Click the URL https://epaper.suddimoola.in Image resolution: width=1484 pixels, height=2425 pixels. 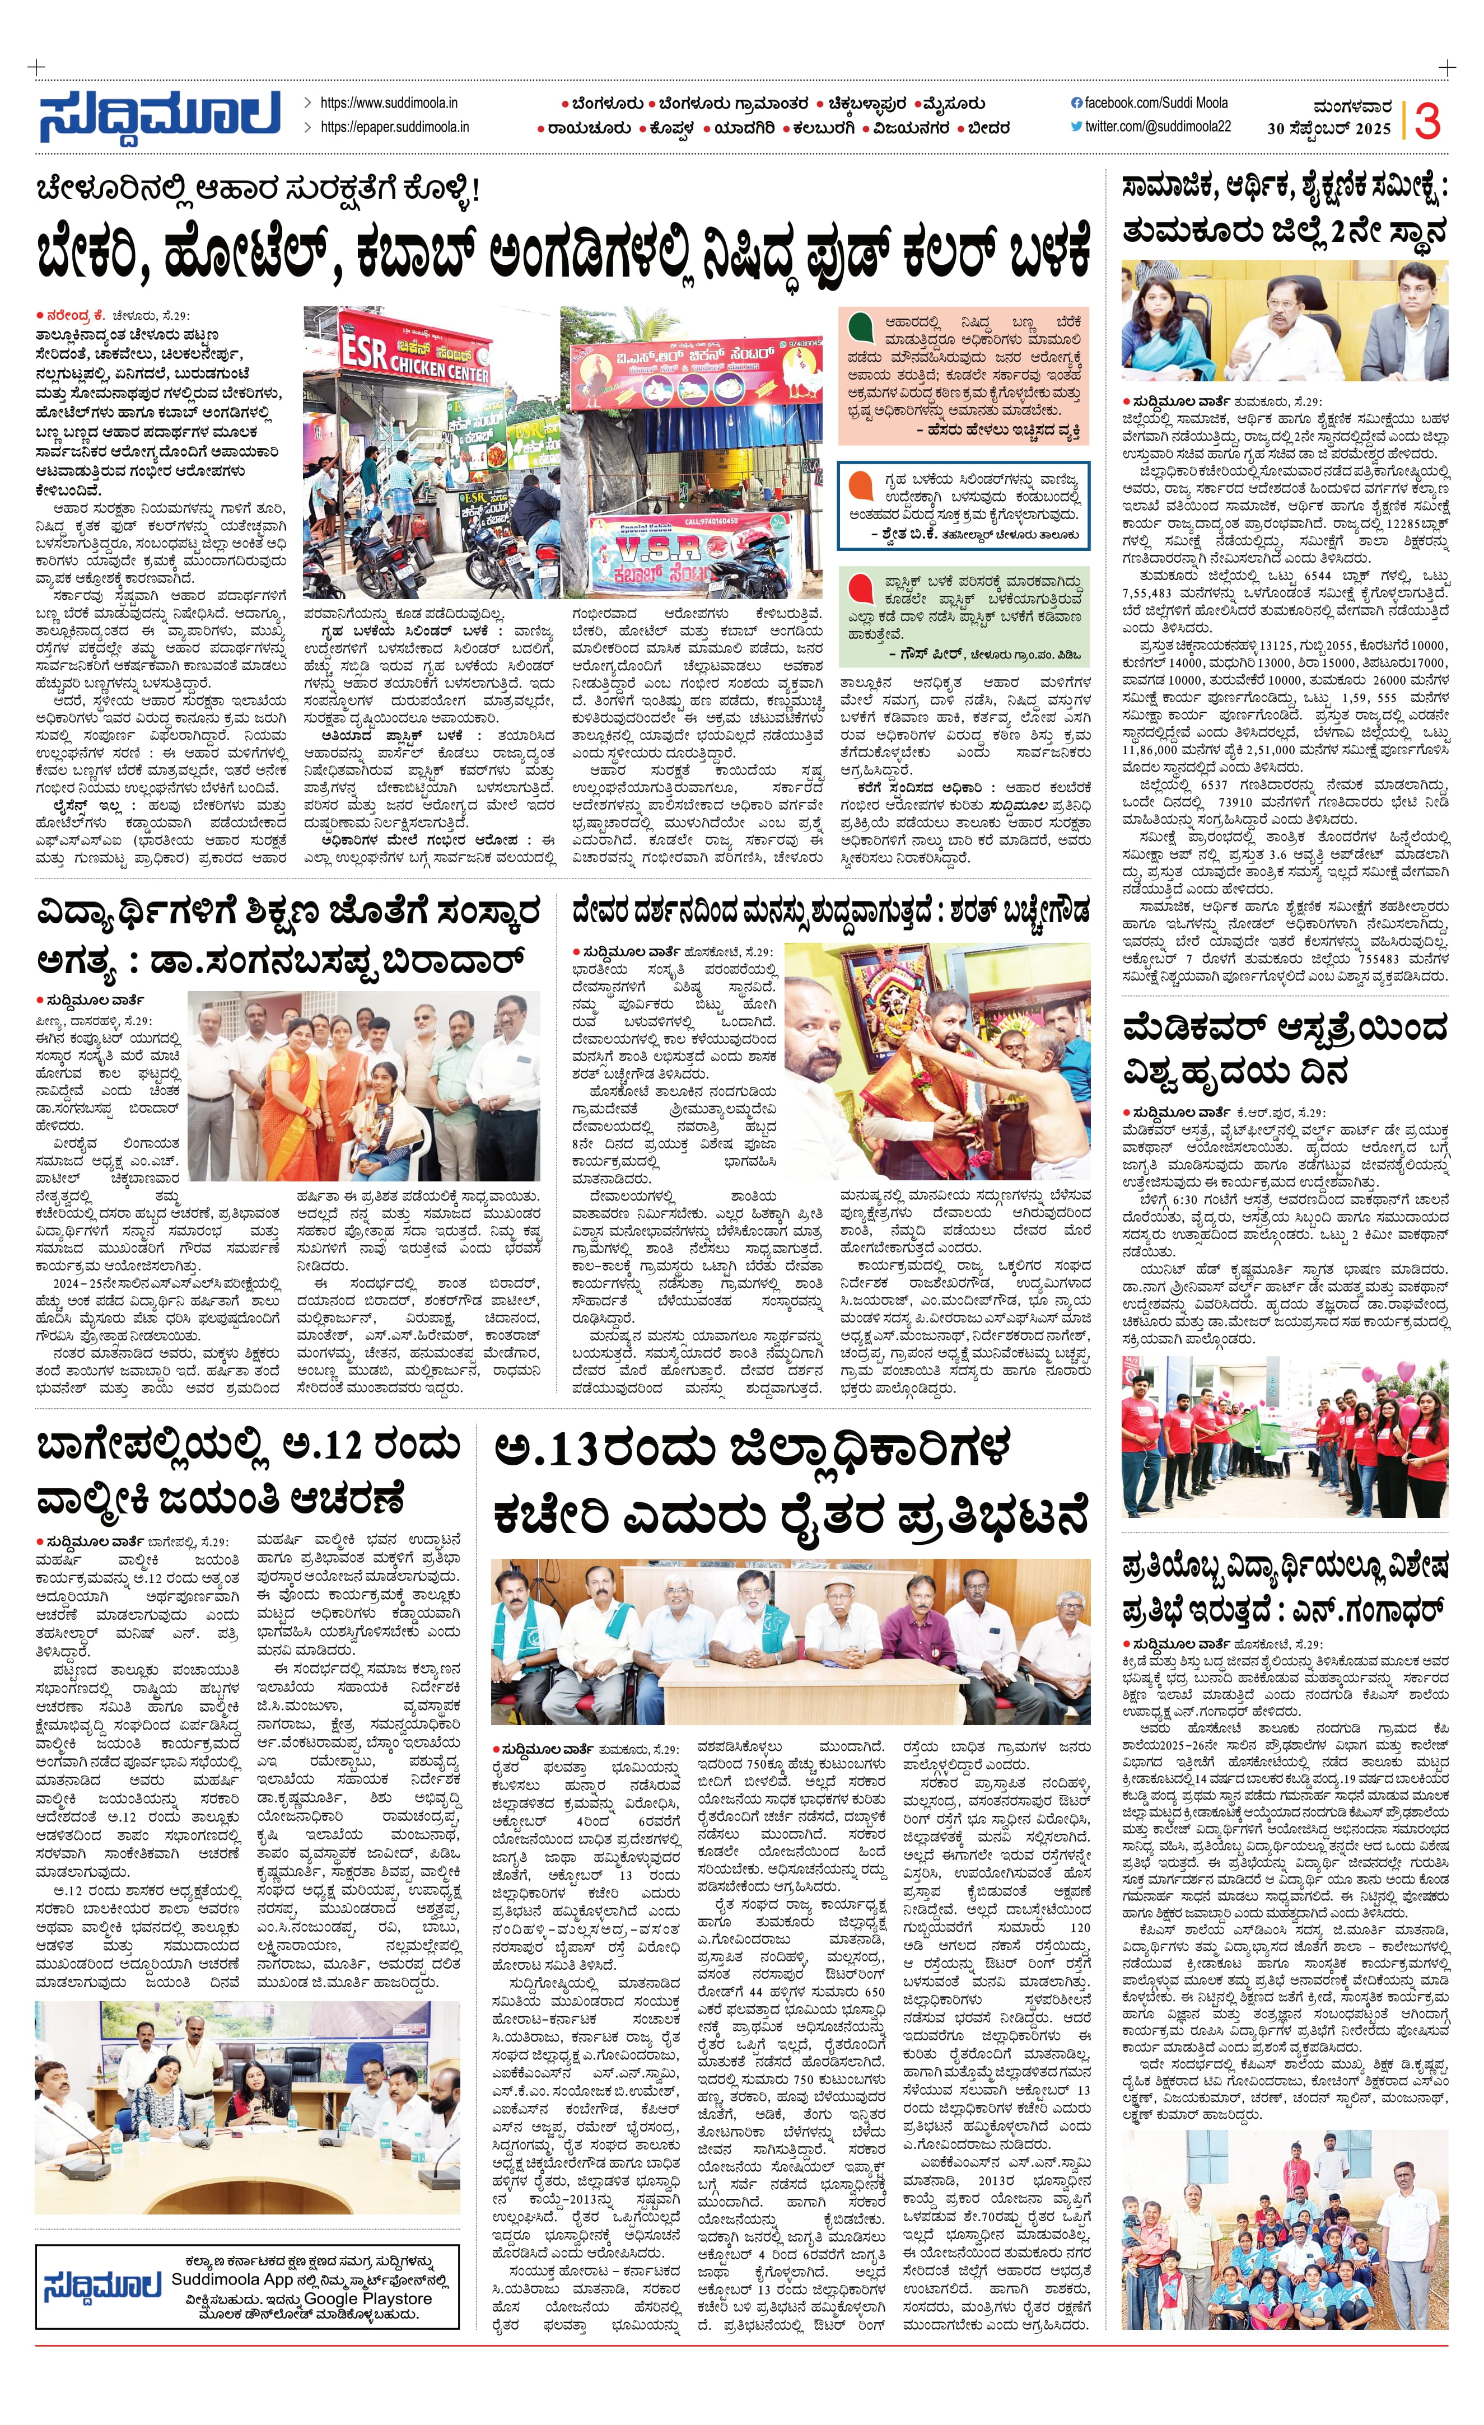395,127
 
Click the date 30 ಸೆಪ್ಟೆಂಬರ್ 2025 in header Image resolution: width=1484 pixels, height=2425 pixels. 1328,129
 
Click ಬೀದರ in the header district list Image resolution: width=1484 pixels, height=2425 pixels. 987,128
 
